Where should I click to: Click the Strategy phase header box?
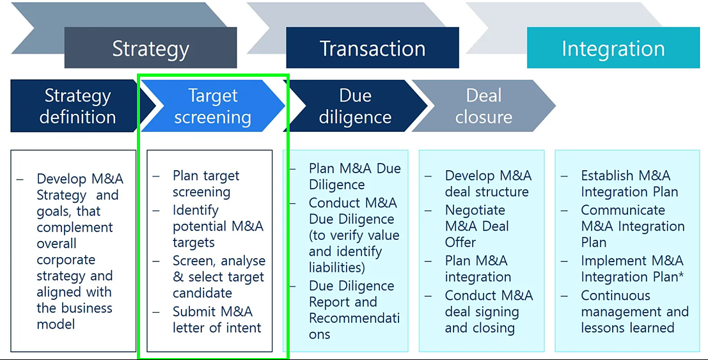pyautogui.click(x=150, y=47)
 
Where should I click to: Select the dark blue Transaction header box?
pyautogui.click(x=372, y=47)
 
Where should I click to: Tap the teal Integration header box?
pyautogui.click(x=613, y=47)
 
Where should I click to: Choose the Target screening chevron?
pyautogui.click(x=213, y=106)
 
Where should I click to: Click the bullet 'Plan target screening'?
pyautogui.click(x=206, y=184)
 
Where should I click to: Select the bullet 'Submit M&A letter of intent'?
pyautogui.click(x=217, y=319)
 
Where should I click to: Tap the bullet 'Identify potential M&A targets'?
pyautogui.click(x=218, y=226)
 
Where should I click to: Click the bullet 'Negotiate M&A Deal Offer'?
pyautogui.click(x=477, y=226)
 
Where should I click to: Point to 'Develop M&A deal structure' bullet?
pyautogui.click(x=488, y=184)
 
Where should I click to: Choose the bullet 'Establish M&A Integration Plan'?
pyautogui.click(x=629, y=184)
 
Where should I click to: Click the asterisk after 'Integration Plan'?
pyautogui.click(x=680, y=275)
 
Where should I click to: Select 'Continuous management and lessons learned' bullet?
pyautogui.click(x=634, y=311)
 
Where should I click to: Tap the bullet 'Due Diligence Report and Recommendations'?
pyautogui.click(x=354, y=310)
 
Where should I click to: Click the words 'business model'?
pyautogui.click(x=74, y=316)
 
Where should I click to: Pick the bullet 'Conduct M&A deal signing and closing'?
pyautogui.click(x=489, y=311)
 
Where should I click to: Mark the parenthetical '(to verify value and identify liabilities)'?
pyautogui.click(x=354, y=251)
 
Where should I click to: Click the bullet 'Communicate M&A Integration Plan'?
pyautogui.click(x=633, y=226)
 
